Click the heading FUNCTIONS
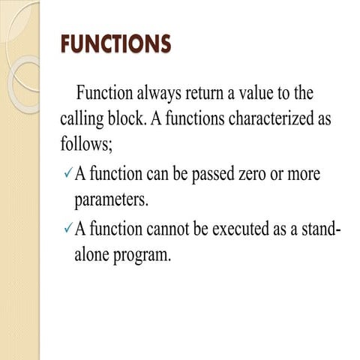115,44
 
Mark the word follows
86,143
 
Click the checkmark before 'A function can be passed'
67,175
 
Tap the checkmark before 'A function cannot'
67,228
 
